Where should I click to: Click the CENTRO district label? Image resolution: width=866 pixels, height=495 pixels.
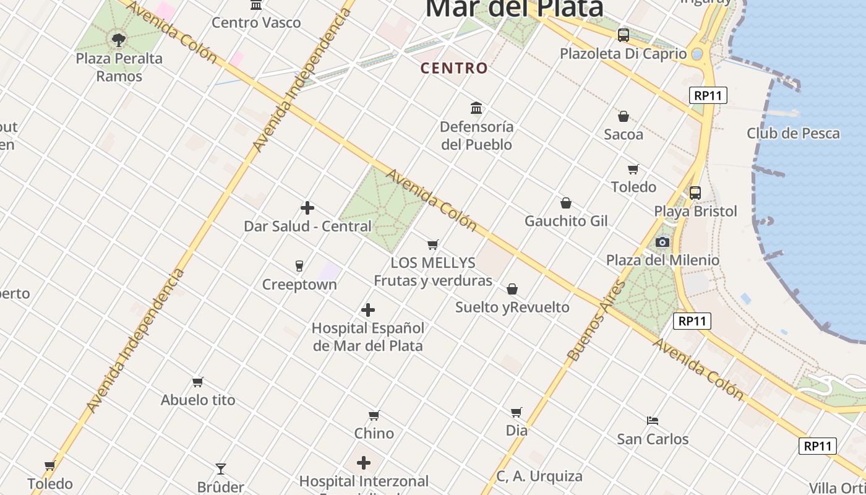click(x=454, y=68)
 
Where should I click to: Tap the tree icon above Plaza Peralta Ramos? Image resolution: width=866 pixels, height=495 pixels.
click(x=119, y=40)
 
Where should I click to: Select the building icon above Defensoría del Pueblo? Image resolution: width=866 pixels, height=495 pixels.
click(x=476, y=108)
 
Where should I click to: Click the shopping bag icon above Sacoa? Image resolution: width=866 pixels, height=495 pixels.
click(x=624, y=116)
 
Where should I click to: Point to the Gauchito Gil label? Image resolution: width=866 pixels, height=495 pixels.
click(x=566, y=221)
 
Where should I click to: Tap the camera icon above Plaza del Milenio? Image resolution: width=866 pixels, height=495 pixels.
click(x=662, y=242)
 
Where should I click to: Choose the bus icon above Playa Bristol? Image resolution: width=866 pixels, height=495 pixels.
click(x=695, y=193)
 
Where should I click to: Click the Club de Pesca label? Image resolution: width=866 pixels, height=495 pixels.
click(x=793, y=133)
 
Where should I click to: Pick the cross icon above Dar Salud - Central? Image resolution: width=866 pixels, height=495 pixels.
click(x=307, y=208)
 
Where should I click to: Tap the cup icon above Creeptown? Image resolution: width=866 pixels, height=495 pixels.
click(x=299, y=266)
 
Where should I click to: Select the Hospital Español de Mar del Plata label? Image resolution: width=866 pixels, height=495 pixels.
click(x=368, y=337)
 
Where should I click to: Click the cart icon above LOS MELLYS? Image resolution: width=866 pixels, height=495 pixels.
click(x=433, y=244)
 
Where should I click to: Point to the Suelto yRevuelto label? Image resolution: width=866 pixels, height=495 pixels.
click(x=512, y=307)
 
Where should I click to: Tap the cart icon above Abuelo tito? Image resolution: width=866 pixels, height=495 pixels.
click(x=198, y=382)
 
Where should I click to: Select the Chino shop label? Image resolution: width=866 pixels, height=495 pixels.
click(x=374, y=433)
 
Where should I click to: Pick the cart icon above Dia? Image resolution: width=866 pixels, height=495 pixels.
click(x=517, y=412)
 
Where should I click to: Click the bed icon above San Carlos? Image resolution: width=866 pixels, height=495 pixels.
click(x=653, y=421)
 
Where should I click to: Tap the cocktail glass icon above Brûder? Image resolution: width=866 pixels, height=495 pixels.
click(x=221, y=468)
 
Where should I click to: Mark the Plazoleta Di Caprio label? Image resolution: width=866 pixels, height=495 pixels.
click(x=624, y=53)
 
